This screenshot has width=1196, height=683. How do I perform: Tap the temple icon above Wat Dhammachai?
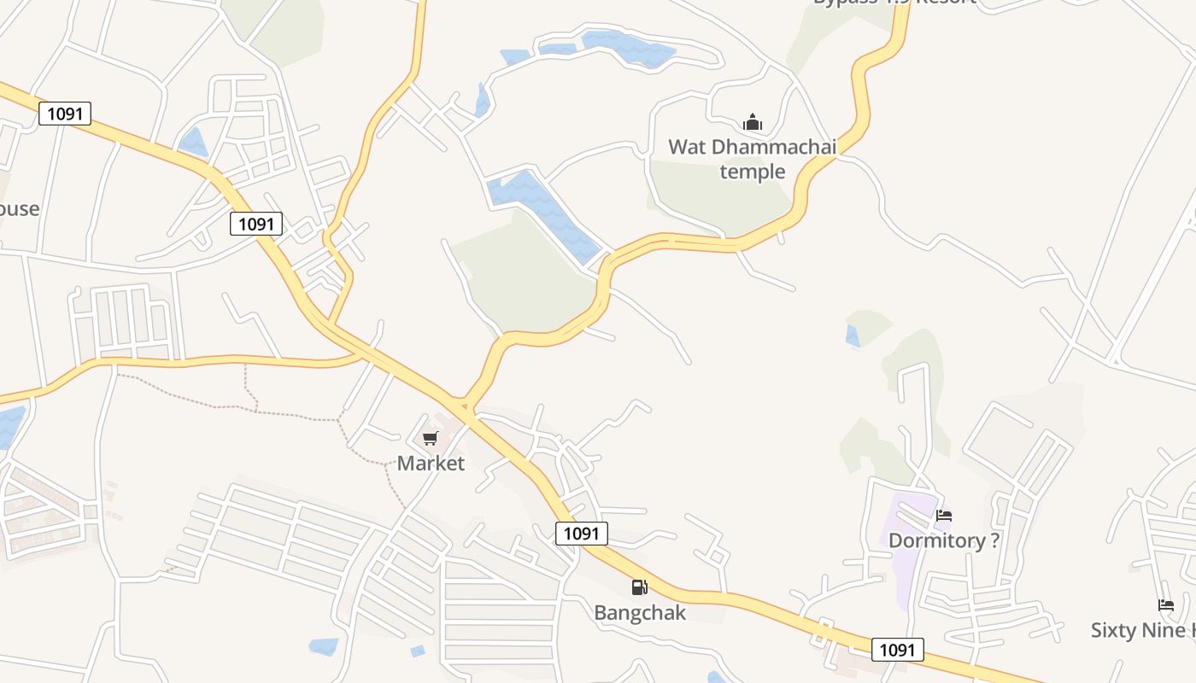(x=752, y=123)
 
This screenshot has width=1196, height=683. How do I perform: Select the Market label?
(x=431, y=464)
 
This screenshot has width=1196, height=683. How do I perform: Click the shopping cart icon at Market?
(x=431, y=439)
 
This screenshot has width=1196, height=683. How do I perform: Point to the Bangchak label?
(x=640, y=613)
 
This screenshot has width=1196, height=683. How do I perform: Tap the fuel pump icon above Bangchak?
(x=639, y=587)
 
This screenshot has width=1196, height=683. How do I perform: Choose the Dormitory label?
(x=936, y=540)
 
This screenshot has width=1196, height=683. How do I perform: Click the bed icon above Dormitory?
(x=944, y=515)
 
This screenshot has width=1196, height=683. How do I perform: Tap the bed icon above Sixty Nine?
(x=1166, y=604)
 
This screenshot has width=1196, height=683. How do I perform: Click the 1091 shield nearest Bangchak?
(x=582, y=534)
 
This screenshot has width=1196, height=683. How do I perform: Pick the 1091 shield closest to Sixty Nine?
(x=897, y=650)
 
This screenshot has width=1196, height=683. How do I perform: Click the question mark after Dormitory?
(x=994, y=540)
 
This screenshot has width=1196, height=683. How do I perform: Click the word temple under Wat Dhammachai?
(x=752, y=172)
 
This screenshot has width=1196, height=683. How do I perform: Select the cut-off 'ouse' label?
(x=19, y=208)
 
